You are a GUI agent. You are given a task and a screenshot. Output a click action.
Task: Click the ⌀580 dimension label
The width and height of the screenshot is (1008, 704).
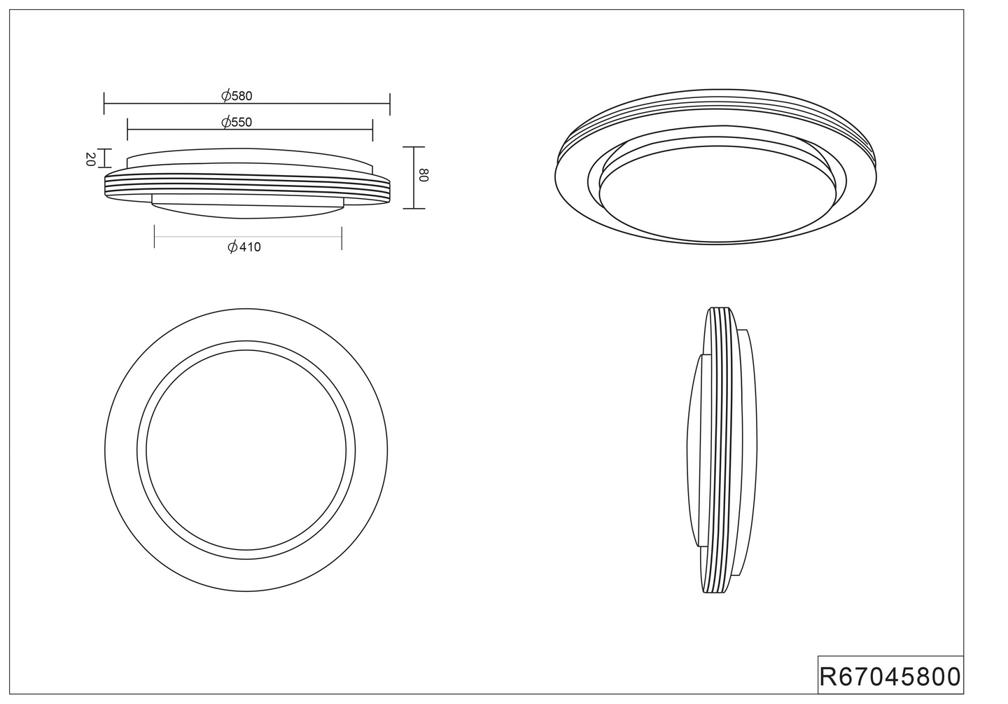[237, 95]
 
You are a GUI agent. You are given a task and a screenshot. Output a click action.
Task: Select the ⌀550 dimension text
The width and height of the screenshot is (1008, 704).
[237, 122]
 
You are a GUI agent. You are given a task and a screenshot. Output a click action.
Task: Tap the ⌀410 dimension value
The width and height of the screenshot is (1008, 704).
[244, 247]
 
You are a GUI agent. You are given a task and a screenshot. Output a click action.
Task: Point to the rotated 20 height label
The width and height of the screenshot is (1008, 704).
[90, 159]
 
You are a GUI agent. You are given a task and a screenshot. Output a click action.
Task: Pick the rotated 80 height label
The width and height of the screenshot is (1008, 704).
[423, 174]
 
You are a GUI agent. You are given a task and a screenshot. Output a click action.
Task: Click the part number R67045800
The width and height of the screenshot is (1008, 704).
[890, 677]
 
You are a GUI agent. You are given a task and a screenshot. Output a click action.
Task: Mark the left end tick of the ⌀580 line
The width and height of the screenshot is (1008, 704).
[104, 104]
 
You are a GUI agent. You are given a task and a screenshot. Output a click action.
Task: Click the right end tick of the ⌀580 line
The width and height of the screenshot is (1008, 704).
[390, 104]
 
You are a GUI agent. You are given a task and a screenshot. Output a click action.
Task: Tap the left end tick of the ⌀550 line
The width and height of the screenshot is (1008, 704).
[127, 130]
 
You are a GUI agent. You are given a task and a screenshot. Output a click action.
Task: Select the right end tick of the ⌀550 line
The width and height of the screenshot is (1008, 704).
[372, 130]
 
